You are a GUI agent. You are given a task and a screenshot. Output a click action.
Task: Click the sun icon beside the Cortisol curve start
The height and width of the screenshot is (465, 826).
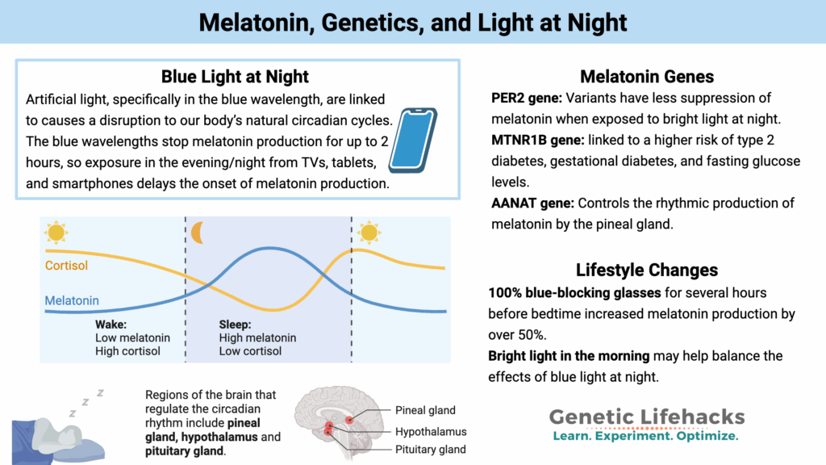pyautogui.click(x=56, y=232)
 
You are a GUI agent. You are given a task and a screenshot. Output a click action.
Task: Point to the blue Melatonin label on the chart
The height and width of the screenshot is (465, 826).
pyautogui.click(x=72, y=301)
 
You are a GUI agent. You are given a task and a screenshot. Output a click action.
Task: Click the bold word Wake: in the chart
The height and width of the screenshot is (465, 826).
pyautogui.click(x=111, y=325)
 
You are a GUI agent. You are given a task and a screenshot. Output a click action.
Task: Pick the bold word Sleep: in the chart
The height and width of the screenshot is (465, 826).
pyautogui.click(x=236, y=325)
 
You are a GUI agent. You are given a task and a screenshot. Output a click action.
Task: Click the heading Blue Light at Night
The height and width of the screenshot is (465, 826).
pyautogui.click(x=235, y=77)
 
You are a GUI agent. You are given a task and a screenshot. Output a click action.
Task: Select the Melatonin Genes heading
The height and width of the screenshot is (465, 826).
pyautogui.click(x=647, y=77)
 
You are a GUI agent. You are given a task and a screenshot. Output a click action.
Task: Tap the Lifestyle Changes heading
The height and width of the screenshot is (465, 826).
pyautogui.click(x=647, y=270)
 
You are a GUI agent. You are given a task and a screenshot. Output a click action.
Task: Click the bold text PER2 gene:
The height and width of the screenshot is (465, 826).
pyautogui.click(x=527, y=98)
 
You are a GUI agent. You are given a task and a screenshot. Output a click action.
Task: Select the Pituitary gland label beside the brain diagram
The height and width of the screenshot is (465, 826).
pyautogui.click(x=430, y=450)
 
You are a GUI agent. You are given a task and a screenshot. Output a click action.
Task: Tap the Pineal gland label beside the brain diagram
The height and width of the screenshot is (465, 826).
pyautogui.click(x=425, y=411)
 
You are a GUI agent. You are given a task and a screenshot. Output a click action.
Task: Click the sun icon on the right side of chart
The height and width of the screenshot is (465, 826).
pyautogui.click(x=369, y=232)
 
